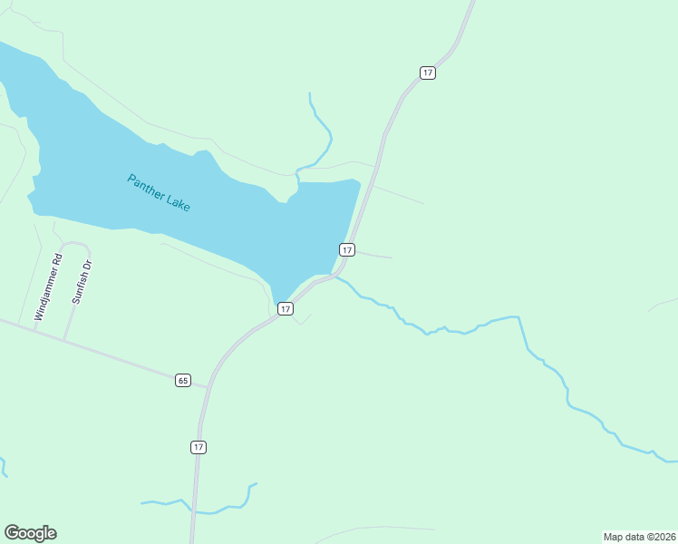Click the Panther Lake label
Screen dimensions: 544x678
(x=159, y=192)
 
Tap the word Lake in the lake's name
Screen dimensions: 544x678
(x=178, y=202)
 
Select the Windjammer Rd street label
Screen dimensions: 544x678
(x=48, y=287)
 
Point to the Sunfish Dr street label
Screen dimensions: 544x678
(x=82, y=282)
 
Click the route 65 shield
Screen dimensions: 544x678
(x=183, y=380)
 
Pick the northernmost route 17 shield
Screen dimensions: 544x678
(x=428, y=73)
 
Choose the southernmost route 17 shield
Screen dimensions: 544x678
(x=199, y=447)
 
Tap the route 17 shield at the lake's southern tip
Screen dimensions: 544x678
(x=286, y=309)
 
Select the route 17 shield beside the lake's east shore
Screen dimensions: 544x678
(x=346, y=249)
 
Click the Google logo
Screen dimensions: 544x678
(x=30, y=533)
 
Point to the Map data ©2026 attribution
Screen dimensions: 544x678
(x=638, y=537)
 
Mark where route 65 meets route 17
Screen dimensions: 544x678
(x=208, y=387)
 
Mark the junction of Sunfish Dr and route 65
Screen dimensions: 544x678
(x=64, y=340)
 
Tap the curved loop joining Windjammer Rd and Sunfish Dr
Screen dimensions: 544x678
(x=74, y=244)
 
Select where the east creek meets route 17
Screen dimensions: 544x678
(x=334, y=276)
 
